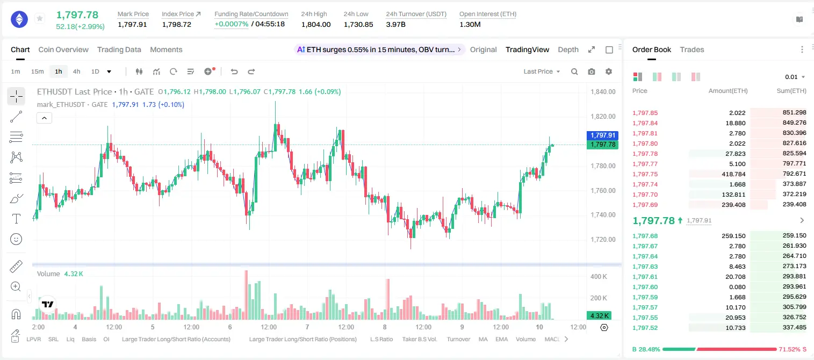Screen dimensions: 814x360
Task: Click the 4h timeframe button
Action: pyautogui.click(x=76, y=71)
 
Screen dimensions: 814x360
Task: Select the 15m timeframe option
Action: pyautogui.click(x=38, y=71)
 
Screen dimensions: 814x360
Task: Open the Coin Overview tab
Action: pyautogui.click(x=63, y=50)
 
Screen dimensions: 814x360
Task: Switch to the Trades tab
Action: pyautogui.click(x=692, y=50)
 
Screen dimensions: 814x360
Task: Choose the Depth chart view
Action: pyautogui.click(x=568, y=50)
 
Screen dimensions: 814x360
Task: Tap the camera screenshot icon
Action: pyautogui.click(x=592, y=71)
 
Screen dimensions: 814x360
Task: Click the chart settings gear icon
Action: pyautogui.click(x=609, y=71)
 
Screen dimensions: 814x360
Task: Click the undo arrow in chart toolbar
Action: pyautogui.click(x=234, y=71)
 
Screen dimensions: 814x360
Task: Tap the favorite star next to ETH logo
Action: pyautogui.click(x=40, y=18)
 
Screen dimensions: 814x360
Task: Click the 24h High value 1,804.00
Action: pyautogui.click(x=316, y=24)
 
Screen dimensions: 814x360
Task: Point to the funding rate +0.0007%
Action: pyautogui.click(x=232, y=24)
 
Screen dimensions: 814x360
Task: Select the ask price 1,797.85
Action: pyautogui.click(x=645, y=113)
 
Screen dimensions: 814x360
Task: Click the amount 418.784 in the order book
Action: pyautogui.click(x=733, y=174)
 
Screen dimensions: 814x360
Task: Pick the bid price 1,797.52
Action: pyautogui.click(x=645, y=328)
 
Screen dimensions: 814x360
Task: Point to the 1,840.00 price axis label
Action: pyautogui.click(x=603, y=91)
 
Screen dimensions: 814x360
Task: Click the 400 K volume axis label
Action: pyautogui.click(x=599, y=277)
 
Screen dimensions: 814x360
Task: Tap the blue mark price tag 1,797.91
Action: pyautogui.click(x=602, y=135)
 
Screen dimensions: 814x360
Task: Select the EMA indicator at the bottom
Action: pyautogui.click(x=501, y=339)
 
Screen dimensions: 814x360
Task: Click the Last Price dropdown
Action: pyautogui.click(x=542, y=71)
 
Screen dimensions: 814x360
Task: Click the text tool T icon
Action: pyautogui.click(x=16, y=219)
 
